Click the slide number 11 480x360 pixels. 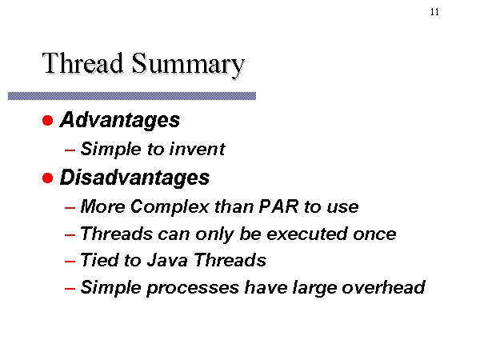434,12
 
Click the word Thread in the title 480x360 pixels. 82,63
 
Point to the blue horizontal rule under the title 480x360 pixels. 132,96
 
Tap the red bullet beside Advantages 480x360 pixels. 48,120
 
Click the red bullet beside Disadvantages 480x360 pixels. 48,178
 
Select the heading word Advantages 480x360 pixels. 120,120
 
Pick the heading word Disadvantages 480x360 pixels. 134,178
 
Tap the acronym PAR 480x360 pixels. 278,206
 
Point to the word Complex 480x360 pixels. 170,207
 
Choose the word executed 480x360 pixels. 307,234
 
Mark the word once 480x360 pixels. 374,234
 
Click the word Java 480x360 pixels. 167,261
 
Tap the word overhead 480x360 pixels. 383,287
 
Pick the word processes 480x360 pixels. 193,288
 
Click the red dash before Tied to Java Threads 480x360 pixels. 70,262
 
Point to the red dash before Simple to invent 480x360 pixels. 70,150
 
